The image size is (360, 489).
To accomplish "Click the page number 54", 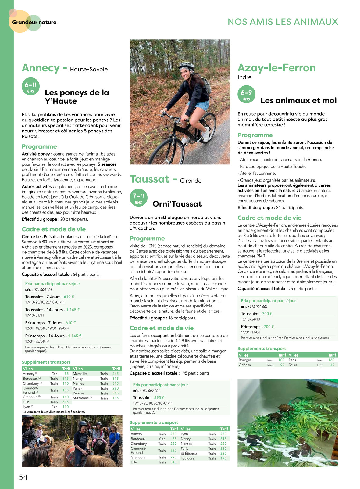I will tap(23, 477).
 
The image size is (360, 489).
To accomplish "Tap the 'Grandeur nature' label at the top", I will tap(34, 22).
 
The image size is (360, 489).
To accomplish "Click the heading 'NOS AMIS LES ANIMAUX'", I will tap(283, 22).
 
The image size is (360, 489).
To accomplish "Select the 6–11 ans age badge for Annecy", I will tap(30, 87).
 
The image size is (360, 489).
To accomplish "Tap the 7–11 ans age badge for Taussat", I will tap(138, 198).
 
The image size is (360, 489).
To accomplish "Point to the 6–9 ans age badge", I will tap(246, 95).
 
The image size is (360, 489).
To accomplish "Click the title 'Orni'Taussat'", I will tap(177, 204).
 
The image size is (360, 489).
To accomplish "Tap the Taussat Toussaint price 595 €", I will tap(157, 397).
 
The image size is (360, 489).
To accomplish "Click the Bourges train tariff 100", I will tap(281, 360).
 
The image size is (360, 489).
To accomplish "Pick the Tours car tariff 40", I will tap(332, 365).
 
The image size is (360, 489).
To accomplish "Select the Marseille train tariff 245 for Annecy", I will tap(116, 374).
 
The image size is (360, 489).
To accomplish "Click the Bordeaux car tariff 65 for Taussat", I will tap(174, 439).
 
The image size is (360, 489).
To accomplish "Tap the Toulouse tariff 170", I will tap(223, 458).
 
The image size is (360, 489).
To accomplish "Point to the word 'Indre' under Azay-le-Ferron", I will tap(244, 77).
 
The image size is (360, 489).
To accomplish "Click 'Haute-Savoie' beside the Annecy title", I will tap(89, 69).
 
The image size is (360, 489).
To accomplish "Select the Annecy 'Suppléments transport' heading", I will tap(46, 362).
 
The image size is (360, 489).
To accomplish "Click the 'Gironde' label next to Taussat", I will tap(191, 181).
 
